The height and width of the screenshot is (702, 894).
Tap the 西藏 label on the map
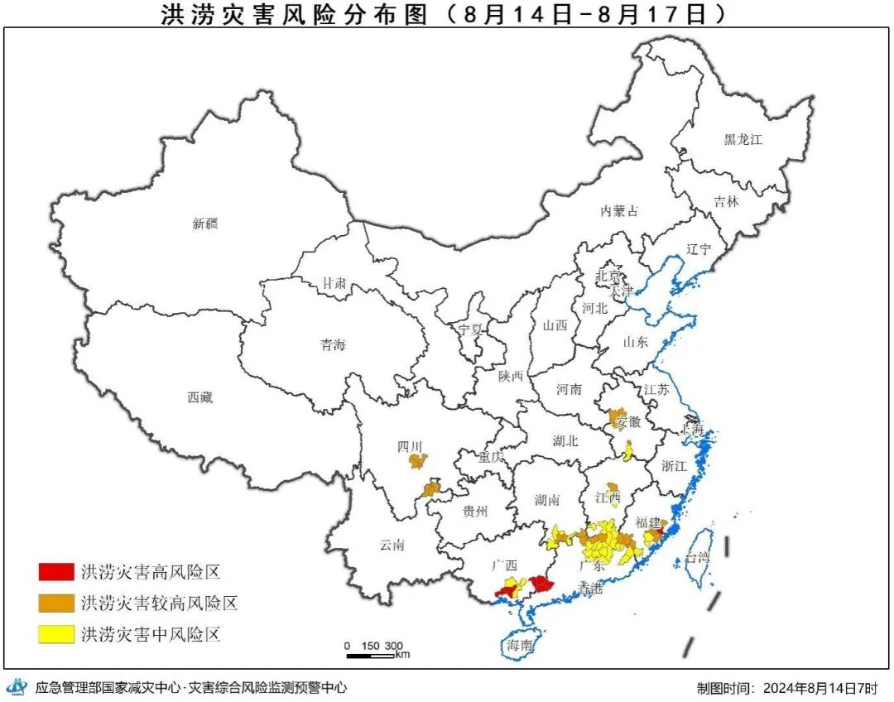pos(199,397)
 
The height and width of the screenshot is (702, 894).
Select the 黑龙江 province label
pos(743,140)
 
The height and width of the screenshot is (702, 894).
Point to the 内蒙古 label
pos(619,211)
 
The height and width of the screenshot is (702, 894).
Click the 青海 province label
pos(333,345)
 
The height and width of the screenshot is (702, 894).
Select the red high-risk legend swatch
pos(55,571)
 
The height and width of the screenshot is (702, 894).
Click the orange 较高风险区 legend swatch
pos(55,603)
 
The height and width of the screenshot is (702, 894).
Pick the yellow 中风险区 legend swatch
pos(55,635)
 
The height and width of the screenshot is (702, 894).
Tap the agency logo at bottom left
pos(17,687)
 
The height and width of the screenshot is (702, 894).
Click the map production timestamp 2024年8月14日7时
pos(819,688)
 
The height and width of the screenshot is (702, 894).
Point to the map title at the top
pos(447,14)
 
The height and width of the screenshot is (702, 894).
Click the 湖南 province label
pos(547,499)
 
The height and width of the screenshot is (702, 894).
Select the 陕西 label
pos(511,376)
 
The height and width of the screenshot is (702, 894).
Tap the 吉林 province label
pos(726,201)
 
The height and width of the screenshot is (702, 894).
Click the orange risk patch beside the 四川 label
pos(419,460)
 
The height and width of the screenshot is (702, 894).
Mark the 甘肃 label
pos(334,283)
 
